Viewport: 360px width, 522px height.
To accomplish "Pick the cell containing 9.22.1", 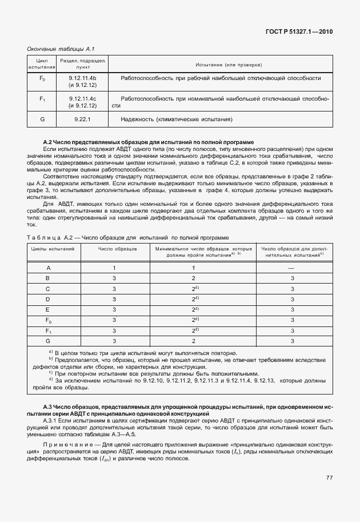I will point(83,119).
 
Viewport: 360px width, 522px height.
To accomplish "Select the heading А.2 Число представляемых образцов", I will point(149,142).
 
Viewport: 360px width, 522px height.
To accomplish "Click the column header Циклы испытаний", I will point(53,249).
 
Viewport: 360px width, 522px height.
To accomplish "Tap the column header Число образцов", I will point(114,249).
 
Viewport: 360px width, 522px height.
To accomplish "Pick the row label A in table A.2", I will point(48,268).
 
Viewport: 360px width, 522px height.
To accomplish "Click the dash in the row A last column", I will point(291,268).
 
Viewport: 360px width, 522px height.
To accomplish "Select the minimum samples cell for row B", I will point(194,278).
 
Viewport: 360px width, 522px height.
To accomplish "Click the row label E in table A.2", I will point(48,309).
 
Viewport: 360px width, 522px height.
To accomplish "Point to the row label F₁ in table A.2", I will point(48,330).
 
